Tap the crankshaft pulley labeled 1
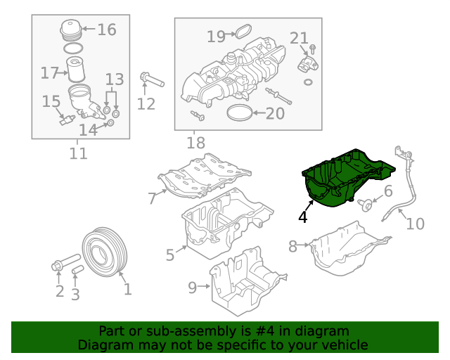point(103,257)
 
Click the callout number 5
point(170,255)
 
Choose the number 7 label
point(153,198)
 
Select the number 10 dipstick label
point(416,224)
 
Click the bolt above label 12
point(151,79)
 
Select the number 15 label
point(51,102)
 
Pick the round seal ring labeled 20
point(239,112)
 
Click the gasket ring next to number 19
point(243,32)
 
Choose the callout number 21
point(299,37)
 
